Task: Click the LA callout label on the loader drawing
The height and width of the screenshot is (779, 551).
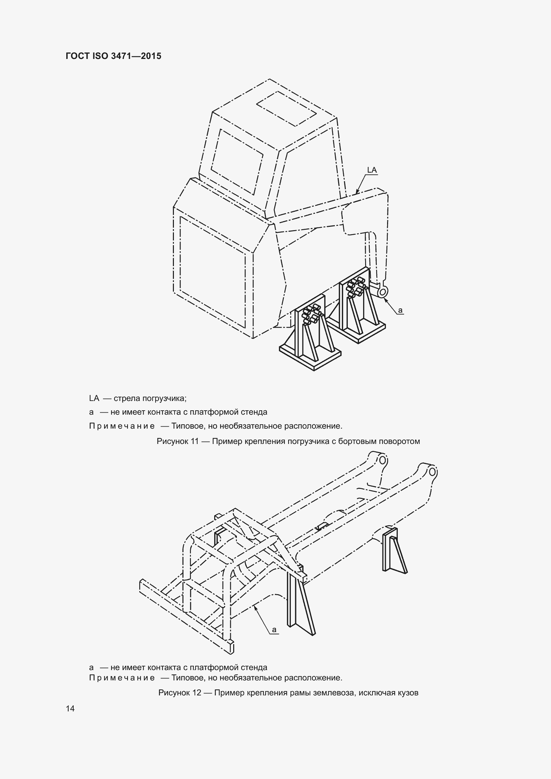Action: (372, 170)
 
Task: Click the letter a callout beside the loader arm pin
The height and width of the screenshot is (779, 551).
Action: (400, 310)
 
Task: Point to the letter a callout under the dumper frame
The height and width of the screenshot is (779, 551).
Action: (274, 630)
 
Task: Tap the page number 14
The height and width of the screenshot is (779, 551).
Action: (70, 708)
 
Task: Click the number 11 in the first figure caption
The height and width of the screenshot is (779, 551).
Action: (195, 441)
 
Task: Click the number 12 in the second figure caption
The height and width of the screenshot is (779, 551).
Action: (197, 692)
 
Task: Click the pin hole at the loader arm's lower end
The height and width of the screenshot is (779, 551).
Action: (383, 291)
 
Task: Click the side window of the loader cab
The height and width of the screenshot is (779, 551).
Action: (237, 161)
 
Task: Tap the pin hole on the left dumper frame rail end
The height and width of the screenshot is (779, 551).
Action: (382, 460)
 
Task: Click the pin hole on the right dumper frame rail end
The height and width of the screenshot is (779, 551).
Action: (433, 472)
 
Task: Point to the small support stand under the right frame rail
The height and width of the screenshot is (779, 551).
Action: (394, 550)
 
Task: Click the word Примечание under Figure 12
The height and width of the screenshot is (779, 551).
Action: (122, 678)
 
